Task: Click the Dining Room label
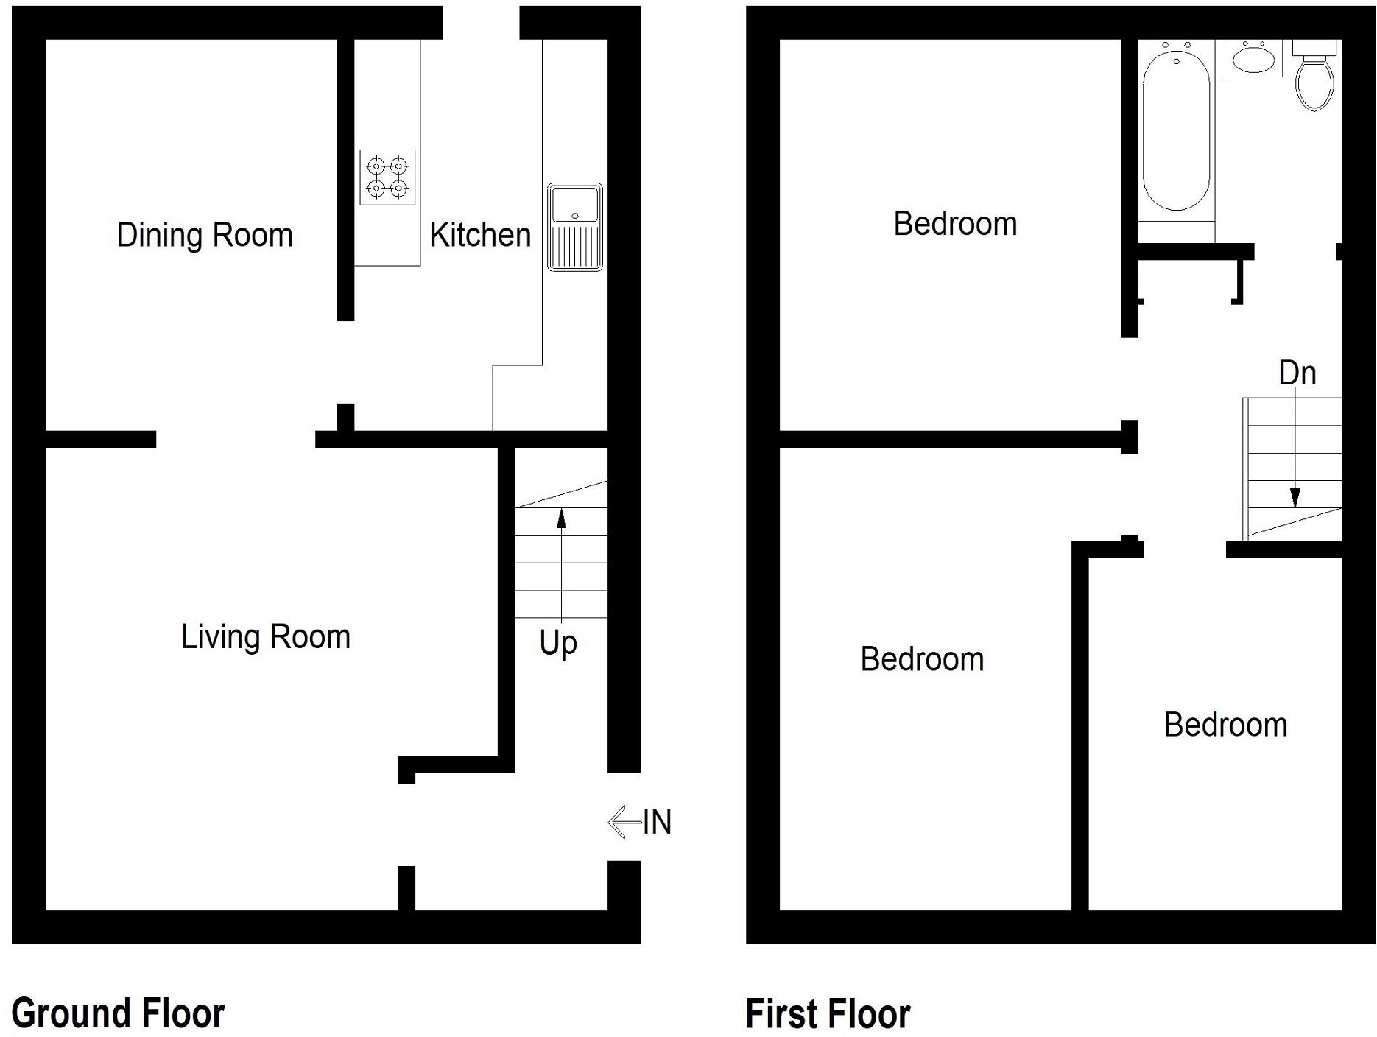[205, 235]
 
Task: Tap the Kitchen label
[480, 235]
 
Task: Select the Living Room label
[266, 636]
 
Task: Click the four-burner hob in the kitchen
[387, 177]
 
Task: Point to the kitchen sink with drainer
[574, 226]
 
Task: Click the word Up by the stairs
[558, 644]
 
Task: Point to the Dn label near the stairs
[1297, 373]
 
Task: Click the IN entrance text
[657, 823]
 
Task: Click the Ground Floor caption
[118, 1013]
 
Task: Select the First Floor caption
[828, 1013]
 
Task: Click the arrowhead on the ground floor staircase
[561, 518]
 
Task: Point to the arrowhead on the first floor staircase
[1295, 498]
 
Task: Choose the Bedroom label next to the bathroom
[955, 224]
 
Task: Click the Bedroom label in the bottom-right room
[1225, 725]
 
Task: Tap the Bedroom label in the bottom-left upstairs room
[922, 659]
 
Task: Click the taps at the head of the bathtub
[1176, 47]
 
